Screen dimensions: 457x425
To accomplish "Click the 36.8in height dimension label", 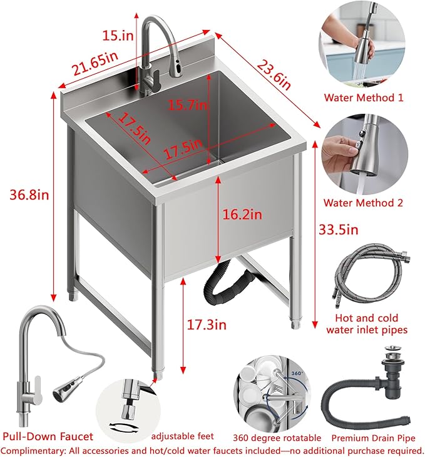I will tap(27, 195).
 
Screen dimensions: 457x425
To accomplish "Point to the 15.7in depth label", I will tap(187, 106).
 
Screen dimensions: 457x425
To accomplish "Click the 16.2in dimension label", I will tap(241, 214).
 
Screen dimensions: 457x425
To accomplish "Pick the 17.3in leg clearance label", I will tap(207, 324).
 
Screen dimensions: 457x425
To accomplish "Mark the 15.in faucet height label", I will tap(118, 35).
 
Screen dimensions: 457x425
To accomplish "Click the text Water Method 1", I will tap(363, 98).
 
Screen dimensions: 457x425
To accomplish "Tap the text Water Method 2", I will tap(363, 203).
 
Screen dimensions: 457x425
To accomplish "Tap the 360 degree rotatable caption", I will tap(276, 438).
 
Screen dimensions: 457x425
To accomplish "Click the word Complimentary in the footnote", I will tap(33, 449).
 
